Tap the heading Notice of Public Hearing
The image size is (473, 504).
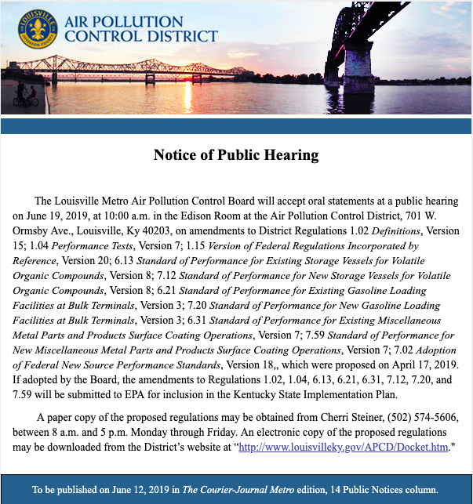(x=236, y=154)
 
